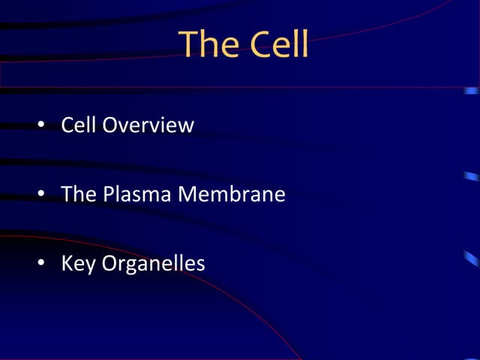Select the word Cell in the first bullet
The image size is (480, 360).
point(79,124)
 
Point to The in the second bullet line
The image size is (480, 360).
point(78,194)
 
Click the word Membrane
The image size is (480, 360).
point(232,194)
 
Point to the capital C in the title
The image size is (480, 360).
point(259,44)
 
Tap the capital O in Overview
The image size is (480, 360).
point(110,124)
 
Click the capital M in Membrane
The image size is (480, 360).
point(187,194)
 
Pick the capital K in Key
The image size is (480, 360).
point(67,264)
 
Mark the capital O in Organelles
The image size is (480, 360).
point(110,264)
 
